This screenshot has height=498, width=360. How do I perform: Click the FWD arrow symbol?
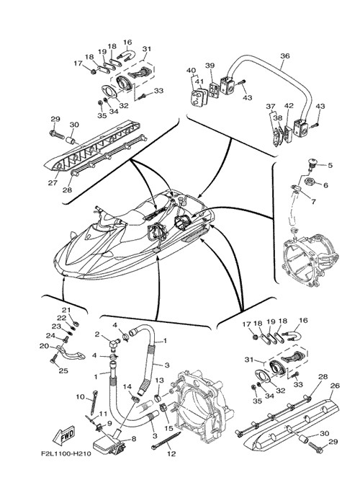64,435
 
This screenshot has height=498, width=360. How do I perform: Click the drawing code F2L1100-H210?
66,453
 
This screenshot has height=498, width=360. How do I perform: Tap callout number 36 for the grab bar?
285,56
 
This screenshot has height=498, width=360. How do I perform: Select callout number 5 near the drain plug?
330,165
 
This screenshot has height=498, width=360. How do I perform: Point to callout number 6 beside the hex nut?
325,185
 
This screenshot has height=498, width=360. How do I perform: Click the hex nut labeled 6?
310,182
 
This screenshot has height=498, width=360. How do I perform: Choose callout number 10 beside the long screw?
81,396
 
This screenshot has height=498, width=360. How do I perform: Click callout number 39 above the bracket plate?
210,66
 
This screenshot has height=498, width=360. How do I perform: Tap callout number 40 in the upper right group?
191,70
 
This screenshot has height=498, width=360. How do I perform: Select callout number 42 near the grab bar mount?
289,105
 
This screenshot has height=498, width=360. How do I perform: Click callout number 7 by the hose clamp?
313,201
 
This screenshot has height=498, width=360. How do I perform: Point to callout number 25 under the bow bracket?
63,370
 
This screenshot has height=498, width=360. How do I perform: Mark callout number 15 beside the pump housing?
169,428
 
